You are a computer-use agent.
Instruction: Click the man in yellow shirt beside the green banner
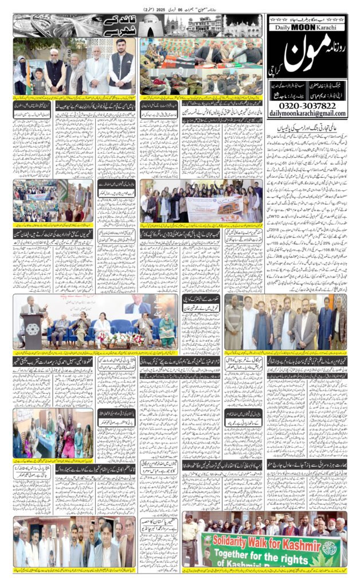coord(189,539)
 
